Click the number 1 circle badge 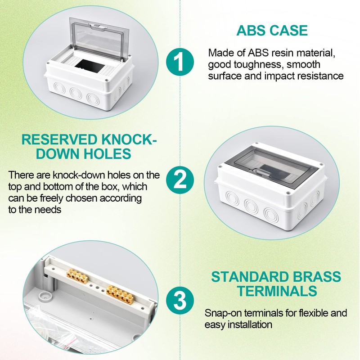[x=180, y=62]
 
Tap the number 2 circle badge [x=180, y=179]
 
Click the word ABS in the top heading [x=251, y=31]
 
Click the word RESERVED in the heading [x=59, y=139]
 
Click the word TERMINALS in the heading [x=277, y=291]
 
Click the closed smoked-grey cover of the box [x=271, y=168]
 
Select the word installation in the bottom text [x=250, y=325]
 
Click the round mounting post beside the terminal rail [x=45, y=296]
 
